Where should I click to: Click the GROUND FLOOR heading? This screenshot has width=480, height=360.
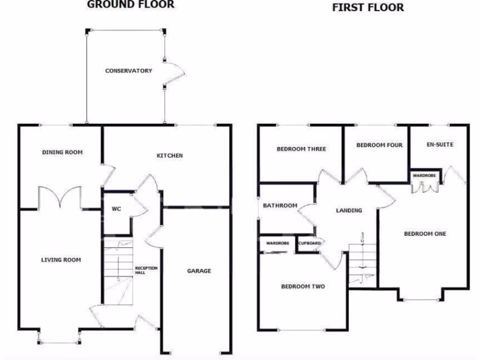pyautogui.click(x=131, y=5)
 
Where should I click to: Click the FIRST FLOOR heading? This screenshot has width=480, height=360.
pyautogui.click(x=368, y=7)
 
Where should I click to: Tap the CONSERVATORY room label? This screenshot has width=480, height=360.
pyautogui.click(x=128, y=71)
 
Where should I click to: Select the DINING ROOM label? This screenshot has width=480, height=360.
pyautogui.click(x=62, y=152)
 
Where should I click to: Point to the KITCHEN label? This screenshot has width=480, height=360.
pyautogui.click(x=170, y=156)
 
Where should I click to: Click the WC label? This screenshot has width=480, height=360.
pyautogui.click(x=116, y=209)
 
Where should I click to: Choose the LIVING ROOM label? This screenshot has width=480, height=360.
pyautogui.click(x=61, y=260)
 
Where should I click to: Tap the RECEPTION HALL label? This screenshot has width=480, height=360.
pyautogui.click(x=147, y=270)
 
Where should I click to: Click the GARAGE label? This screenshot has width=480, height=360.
pyautogui.click(x=199, y=271)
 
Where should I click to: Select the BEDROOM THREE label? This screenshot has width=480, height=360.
pyautogui.click(x=301, y=149)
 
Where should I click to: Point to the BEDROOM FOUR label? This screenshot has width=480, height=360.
pyautogui.click(x=379, y=145)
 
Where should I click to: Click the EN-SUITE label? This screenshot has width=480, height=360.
pyautogui.click(x=440, y=144)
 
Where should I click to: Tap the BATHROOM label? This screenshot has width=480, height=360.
pyautogui.click(x=280, y=206)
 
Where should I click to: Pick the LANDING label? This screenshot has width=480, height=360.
pyautogui.click(x=349, y=210)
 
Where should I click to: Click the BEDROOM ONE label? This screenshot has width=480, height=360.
pyautogui.click(x=425, y=234)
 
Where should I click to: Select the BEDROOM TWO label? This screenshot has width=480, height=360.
pyautogui.click(x=303, y=286)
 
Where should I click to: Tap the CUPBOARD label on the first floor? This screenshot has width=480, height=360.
pyautogui.click(x=310, y=243)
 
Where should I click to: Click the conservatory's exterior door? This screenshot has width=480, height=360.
pyautogui.click(x=171, y=73)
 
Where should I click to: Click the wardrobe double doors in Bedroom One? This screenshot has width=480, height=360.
pyautogui.click(x=425, y=186)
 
